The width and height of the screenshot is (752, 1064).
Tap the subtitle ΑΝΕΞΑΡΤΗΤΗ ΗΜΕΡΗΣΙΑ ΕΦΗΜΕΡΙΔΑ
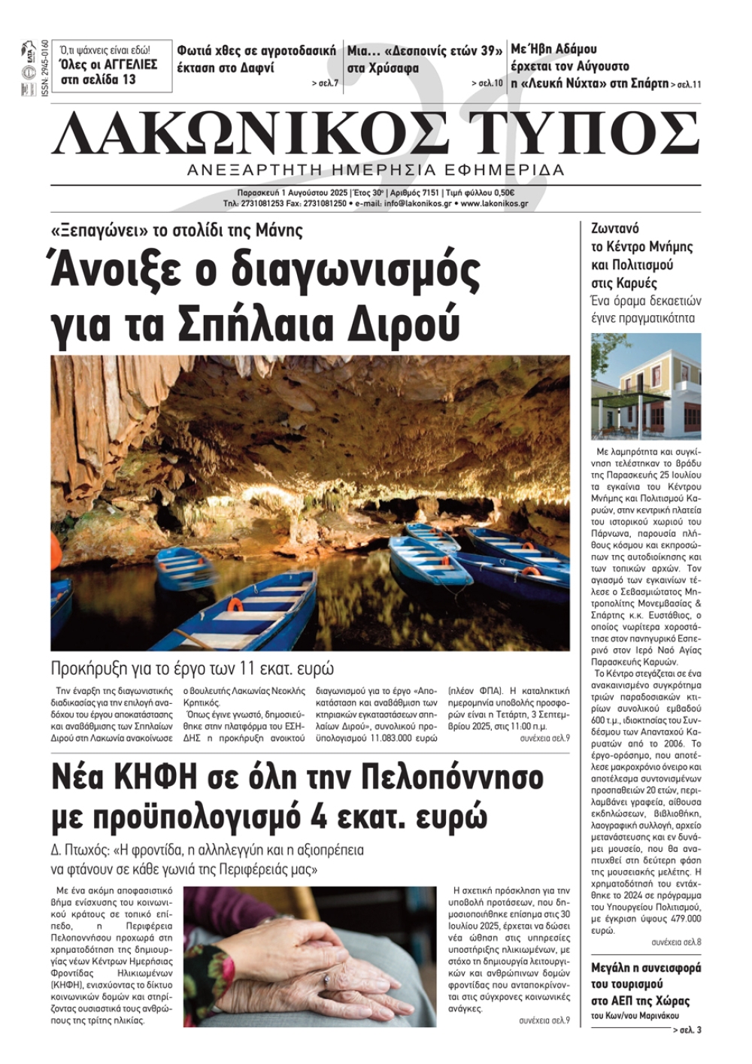coord(376,170)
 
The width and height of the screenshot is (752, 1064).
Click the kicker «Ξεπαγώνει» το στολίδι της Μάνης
coord(177,230)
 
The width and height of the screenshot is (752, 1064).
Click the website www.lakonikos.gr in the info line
coord(494,204)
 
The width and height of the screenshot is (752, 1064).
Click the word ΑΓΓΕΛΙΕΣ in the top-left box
coord(127,64)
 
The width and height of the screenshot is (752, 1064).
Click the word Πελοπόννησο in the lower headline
coord(453,777)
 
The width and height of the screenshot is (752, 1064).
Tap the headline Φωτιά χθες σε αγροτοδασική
coord(256,51)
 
